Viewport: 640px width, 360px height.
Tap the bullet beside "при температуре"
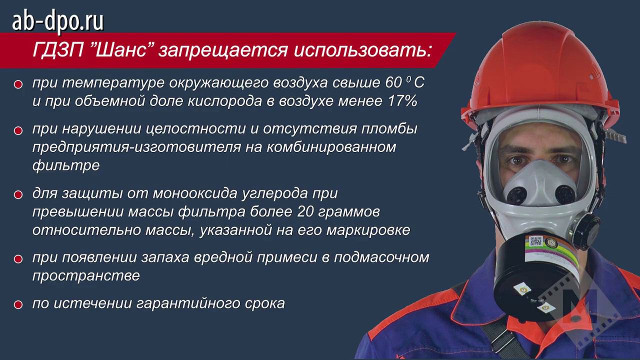pos(18,84)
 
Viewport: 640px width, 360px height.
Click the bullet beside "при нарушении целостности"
pos(18,130)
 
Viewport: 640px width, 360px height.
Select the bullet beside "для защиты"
pos(18,194)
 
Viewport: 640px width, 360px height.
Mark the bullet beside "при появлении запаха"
pos(18,258)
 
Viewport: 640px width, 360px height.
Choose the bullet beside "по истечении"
pos(18,304)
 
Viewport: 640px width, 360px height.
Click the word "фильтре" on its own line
pos(65,165)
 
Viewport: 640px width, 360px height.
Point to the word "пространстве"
pos(86,275)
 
